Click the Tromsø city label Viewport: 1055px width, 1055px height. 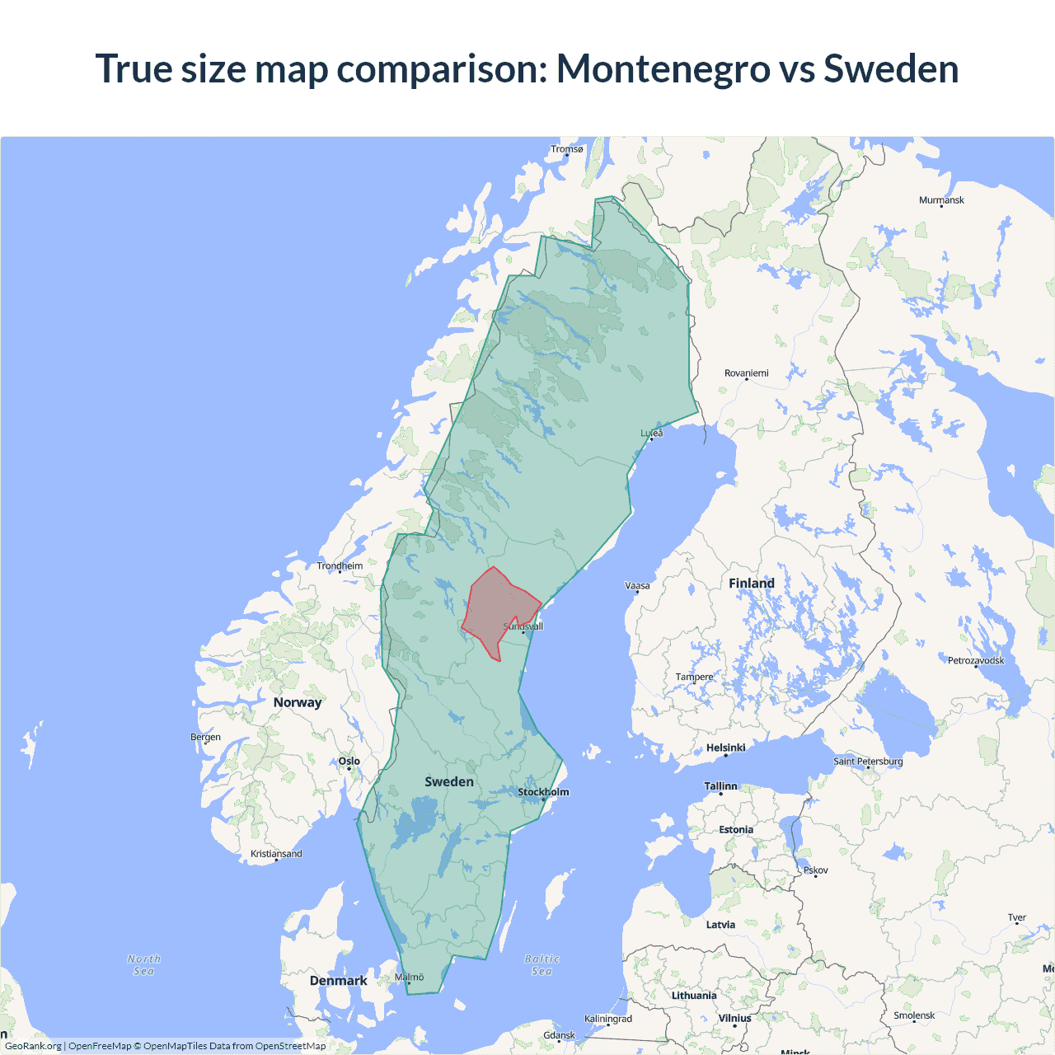pyautogui.click(x=567, y=149)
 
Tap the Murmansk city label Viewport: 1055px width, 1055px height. pyautogui.click(x=941, y=200)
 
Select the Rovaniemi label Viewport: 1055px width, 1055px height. pyautogui.click(x=746, y=373)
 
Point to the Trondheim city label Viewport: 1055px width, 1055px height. pyautogui.click(x=340, y=566)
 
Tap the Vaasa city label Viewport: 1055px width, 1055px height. pyautogui.click(x=637, y=586)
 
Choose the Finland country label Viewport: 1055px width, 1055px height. pyautogui.click(x=752, y=584)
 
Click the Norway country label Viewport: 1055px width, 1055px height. pyautogui.click(x=298, y=702)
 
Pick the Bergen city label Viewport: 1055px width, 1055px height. pyautogui.click(x=205, y=737)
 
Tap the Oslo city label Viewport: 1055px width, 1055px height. pyautogui.click(x=349, y=761)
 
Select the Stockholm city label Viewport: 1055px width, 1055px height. pyautogui.click(x=543, y=792)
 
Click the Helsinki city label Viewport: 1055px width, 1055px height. pyautogui.click(x=725, y=748)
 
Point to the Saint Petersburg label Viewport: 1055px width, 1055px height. pyautogui.click(x=868, y=761)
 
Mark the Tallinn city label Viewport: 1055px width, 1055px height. pyautogui.click(x=720, y=786)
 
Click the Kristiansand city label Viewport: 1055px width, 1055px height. pyautogui.click(x=276, y=854)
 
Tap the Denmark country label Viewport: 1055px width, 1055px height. pyautogui.click(x=338, y=981)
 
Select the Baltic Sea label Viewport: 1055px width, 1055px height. pyautogui.click(x=542, y=965)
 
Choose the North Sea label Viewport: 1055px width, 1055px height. pyautogui.click(x=144, y=965)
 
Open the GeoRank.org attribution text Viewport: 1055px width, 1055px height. pyautogui.click(x=33, y=1046)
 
